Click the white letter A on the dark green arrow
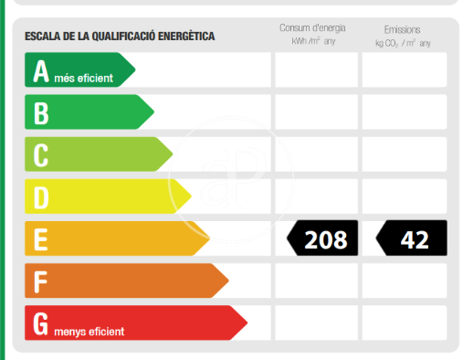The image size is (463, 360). click(41, 71)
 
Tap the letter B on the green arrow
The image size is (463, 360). click(41, 113)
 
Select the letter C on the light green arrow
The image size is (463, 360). click(41, 155)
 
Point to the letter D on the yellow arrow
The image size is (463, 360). click(41, 197)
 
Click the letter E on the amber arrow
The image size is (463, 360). click(40, 239)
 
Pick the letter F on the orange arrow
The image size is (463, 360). click(40, 281)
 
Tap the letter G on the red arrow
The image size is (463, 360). click(40, 323)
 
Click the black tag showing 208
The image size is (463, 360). click(322, 238)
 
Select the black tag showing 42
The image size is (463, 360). click(411, 238)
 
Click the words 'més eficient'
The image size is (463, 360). click(83, 79)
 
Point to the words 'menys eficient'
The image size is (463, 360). click(89, 332)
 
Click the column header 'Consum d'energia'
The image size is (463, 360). click(312, 27)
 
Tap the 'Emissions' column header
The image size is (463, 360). click(402, 29)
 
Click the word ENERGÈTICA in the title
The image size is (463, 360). click(186, 37)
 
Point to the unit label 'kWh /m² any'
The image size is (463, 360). click(313, 41)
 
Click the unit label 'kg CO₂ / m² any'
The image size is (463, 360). click(403, 43)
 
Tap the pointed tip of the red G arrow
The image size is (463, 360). click(247, 323)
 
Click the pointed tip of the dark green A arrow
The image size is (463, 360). click(135, 69)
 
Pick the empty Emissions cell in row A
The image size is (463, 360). click(405, 69)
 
